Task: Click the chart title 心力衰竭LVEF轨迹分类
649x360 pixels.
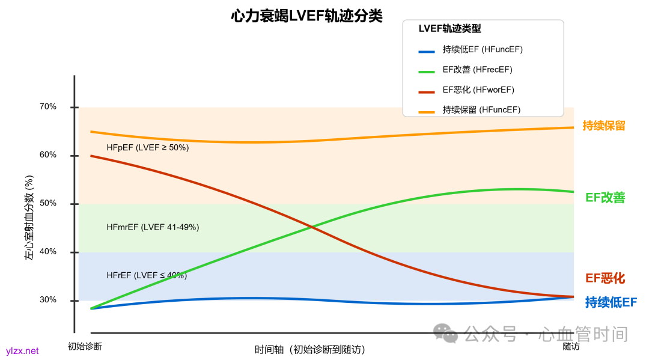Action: click(x=306, y=16)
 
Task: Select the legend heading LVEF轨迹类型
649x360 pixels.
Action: click(x=449, y=29)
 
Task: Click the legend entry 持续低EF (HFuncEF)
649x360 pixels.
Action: click(x=478, y=50)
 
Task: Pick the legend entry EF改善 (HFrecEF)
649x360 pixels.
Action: click(x=477, y=70)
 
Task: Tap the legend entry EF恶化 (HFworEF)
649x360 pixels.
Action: click(x=478, y=90)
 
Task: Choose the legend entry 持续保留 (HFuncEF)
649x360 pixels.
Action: click(x=481, y=110)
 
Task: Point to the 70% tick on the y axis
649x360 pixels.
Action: click(x=48, y=107)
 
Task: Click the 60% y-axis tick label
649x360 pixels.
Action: click(x=48, y=155)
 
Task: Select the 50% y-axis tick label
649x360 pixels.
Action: click(x=48, y=204)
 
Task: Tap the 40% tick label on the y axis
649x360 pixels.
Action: click(x=48, y=252)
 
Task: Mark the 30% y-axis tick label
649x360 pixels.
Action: click(x=48, y=300)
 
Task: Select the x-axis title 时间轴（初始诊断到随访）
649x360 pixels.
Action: click(x=309, y=349)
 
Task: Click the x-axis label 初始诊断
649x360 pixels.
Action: click(x=85, y=347)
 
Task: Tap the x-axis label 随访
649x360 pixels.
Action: click(x=571, y=347)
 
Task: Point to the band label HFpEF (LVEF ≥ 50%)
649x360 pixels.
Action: click(x=148, y=147)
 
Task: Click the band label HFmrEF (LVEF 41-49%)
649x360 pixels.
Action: click(x=153, y=227)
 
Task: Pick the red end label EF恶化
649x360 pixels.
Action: click(x=605, y=278)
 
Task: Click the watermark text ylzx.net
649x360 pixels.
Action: click(x=22, y=351)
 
